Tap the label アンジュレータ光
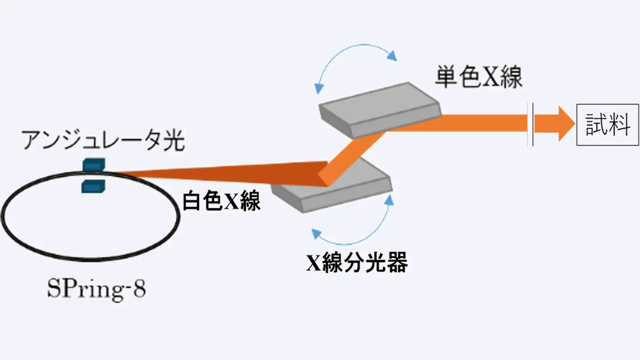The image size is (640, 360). coord(104,141)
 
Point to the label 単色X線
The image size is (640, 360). coord(478,78)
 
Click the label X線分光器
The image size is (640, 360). coord(356,264)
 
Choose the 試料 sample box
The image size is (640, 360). coord(608,125)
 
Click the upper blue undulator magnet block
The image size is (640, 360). coord(93,164)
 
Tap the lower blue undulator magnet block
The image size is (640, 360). coord(93,186)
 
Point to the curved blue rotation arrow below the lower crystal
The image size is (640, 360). coord(356,231)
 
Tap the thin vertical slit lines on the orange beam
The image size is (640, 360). coord(530,124)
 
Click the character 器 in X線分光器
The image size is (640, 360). coord(397,264)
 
